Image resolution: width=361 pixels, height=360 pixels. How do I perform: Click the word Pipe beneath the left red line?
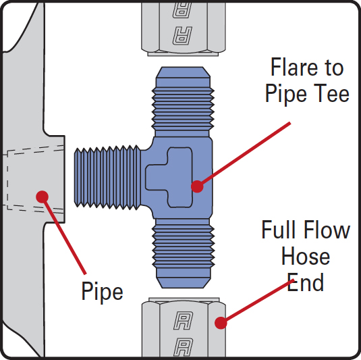click(102, 292)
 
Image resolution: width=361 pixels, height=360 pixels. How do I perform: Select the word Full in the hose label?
click(280, 230)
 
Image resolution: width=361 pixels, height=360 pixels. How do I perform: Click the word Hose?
click(306, 256)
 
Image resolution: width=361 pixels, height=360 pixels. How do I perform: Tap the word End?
click(305, 282)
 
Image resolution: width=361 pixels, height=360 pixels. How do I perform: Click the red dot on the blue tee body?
click(197, 186)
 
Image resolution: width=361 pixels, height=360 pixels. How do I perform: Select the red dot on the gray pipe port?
click(42, 197)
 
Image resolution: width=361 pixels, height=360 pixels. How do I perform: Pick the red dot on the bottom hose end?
click(221, 323)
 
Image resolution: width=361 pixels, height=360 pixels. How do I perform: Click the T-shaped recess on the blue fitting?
click(169, 178)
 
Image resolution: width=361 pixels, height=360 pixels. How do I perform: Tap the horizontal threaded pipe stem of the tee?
click(107, 178)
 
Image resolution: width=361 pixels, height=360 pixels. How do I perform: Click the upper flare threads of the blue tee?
click(183, 109)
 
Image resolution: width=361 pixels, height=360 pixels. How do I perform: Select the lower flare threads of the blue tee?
click(184, 247)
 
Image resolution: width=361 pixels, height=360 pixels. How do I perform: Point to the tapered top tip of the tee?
click(183, 72)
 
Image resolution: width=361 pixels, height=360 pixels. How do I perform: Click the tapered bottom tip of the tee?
click(184, 283)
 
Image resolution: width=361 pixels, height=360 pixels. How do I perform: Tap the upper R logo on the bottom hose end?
click(184, 320)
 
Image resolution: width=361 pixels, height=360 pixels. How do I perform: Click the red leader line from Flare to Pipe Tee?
click(244, 155)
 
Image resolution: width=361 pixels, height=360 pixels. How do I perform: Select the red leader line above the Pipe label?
click(64, 236)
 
